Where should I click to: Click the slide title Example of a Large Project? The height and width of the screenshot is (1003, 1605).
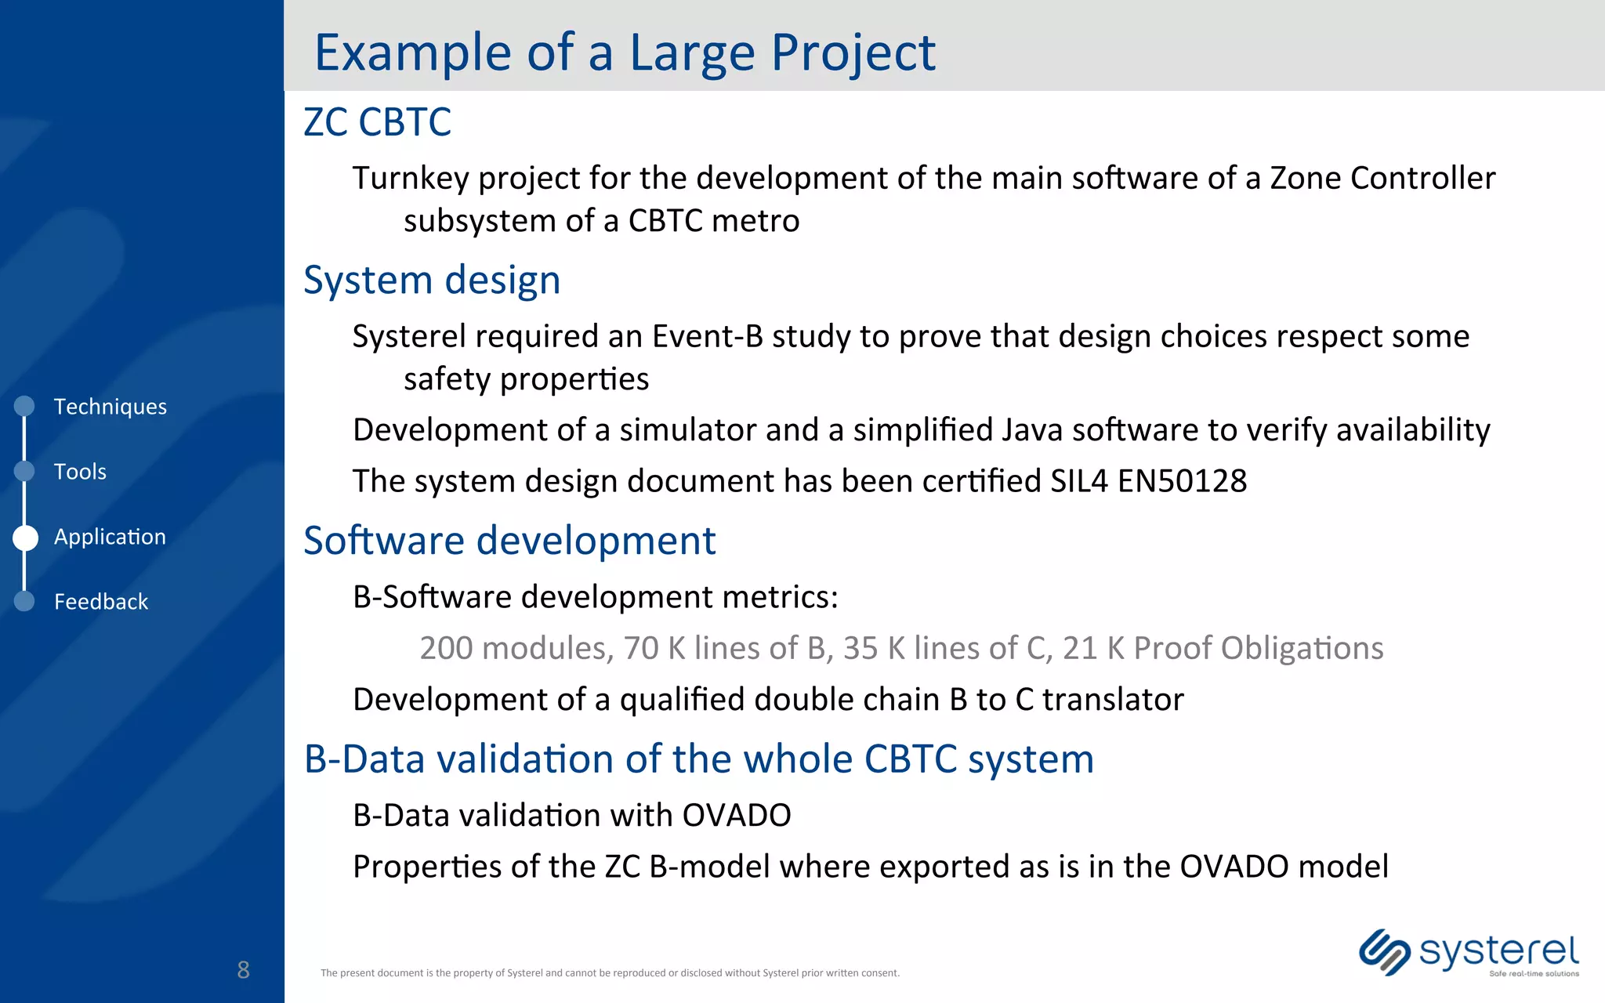(625, 53)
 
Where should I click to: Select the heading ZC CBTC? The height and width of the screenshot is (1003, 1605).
(377, 122)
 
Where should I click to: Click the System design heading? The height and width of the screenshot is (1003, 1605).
(432, 281)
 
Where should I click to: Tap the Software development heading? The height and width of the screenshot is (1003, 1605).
(509, 541)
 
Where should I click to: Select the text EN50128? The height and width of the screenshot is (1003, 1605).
(1182, 481)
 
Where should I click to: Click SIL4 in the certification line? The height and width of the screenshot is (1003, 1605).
(1078, 481)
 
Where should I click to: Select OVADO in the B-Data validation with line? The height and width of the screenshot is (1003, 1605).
(736, 816)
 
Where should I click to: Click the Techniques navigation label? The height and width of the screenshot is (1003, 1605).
(110, 407)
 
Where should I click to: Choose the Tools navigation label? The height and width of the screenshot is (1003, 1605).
(80, 472)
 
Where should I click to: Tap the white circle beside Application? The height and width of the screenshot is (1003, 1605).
(25, 538)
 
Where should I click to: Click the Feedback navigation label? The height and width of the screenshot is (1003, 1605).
(101, 602)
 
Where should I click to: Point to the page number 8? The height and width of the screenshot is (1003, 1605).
(243, 970)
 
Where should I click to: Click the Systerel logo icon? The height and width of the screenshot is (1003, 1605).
(1384, 952)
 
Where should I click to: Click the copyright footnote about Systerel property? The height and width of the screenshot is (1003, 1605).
(610, 973)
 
